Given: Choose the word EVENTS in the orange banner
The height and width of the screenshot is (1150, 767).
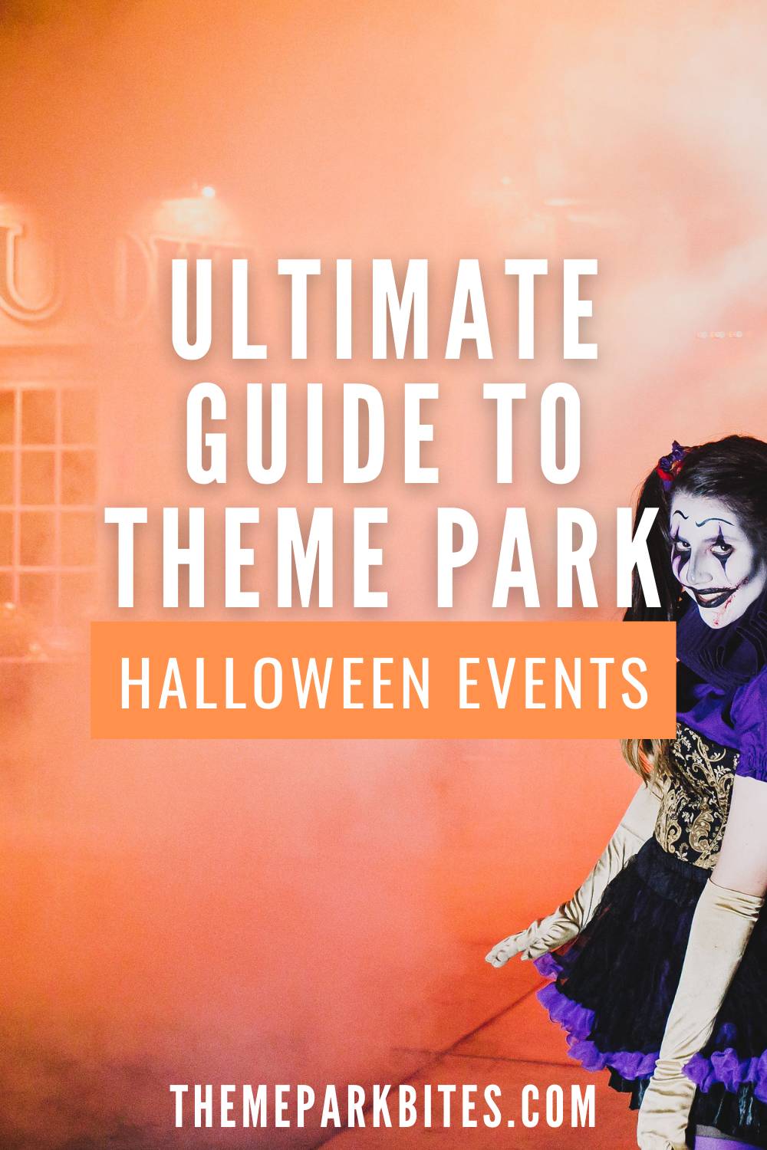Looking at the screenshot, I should click(x=553, y=682).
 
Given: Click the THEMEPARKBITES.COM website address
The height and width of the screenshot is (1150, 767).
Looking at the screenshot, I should click(x=383, y=1106).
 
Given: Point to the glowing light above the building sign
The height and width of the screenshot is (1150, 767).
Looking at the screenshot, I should click(x=206, y=192).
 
